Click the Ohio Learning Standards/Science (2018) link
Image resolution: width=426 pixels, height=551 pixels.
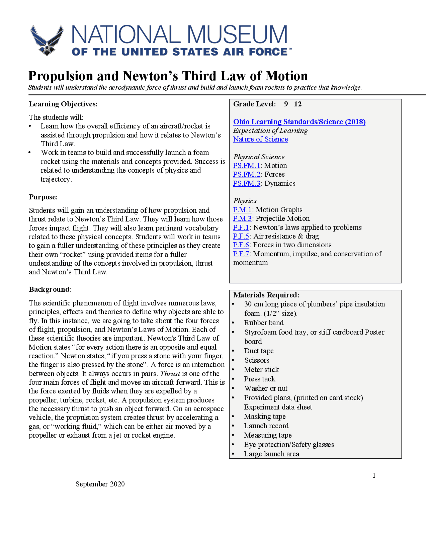click(299, 122)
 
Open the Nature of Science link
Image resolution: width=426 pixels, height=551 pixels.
click(260, 139)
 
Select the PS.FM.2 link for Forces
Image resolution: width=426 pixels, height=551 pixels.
click(247, 174)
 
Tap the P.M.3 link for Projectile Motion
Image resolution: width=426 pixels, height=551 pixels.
click(242, 219)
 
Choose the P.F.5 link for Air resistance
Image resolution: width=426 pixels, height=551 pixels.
click(241, 236)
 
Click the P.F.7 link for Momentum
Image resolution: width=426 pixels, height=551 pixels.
click(241, 254)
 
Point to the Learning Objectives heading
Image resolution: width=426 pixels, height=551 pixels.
click(63, 104)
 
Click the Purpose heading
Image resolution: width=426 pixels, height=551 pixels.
click(43, 197)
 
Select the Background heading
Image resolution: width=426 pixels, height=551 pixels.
click(49, 289)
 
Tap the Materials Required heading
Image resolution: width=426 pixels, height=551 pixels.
click(266, 295)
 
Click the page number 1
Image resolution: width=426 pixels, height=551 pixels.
click(374, 475)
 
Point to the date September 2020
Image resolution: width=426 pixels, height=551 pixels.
click(100, 484)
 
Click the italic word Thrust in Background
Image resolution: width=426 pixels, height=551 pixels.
click(170, 374)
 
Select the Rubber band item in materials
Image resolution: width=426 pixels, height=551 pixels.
click(264, 323)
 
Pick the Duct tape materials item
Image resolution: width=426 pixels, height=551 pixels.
click(259, 351)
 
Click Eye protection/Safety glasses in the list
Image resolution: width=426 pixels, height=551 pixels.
click(289, 445)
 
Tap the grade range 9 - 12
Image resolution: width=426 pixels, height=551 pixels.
click(293, 104)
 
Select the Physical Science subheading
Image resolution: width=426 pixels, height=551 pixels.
click(259, 157)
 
